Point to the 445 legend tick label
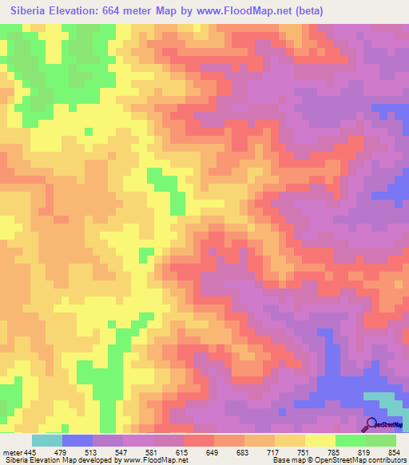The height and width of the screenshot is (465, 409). coord(30,452)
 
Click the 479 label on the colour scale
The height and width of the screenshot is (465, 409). coord(58,452)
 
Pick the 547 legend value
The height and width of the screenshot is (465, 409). coord(120,452)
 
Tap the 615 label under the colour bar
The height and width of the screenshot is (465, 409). coord(182,452)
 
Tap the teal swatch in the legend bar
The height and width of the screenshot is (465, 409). coord(47,440)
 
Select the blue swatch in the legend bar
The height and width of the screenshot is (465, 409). coord(77,440)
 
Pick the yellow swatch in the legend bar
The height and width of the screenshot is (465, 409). coord(320,440)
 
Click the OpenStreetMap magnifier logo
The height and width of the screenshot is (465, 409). coord(370,423)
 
